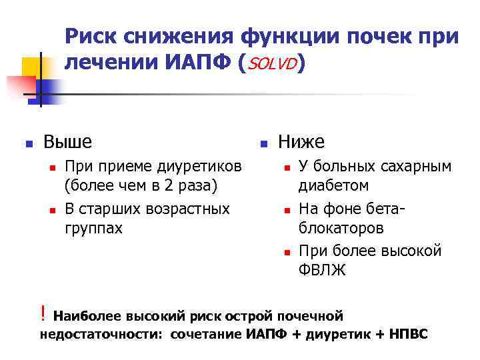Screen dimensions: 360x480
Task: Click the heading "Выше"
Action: point(67,141)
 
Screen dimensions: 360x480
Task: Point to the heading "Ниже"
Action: point(301,141)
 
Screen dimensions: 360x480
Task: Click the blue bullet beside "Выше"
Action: point(28,143)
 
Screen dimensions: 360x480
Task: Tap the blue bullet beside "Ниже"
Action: point(263,143)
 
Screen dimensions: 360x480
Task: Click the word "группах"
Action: point(93,228)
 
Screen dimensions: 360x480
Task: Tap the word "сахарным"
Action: point(413,165)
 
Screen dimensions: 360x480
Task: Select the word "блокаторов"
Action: point(341,228)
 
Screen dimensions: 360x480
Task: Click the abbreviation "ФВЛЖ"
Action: point(323,271)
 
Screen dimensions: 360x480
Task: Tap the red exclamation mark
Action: point(43,312)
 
